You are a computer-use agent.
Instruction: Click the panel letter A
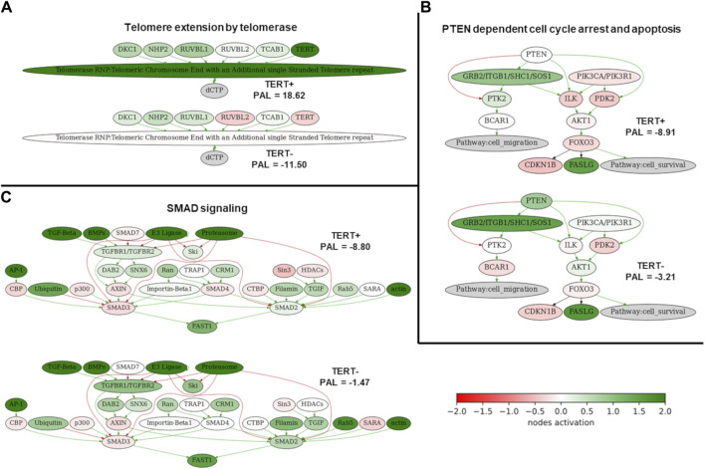(8, 9)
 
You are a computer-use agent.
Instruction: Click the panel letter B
(425, 9)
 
